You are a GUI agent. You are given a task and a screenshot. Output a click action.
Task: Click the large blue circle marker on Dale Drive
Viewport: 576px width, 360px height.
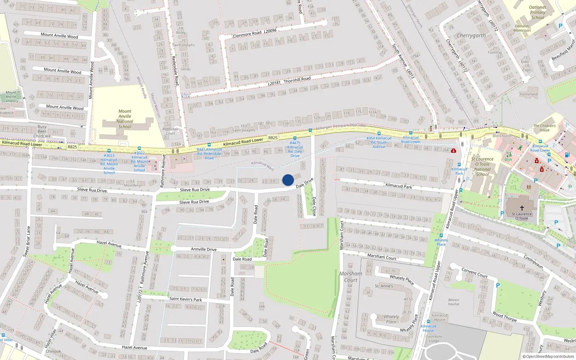point(288,180)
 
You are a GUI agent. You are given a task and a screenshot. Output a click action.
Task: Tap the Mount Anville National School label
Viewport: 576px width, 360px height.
point(125,119)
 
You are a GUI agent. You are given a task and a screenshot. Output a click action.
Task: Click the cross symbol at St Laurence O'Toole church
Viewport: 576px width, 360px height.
point(522,208)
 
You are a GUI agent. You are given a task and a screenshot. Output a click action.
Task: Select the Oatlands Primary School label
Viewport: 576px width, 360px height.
point(537,12)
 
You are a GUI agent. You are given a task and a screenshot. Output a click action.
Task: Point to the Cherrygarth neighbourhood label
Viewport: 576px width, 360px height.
point(471,35)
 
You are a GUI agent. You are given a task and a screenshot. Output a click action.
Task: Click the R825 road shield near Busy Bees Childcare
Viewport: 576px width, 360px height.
point(72,147)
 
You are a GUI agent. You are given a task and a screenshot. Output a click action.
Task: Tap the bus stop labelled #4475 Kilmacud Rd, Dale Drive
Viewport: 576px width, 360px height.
point(295,149)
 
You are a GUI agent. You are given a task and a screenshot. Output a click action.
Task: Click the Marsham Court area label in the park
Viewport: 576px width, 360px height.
point(351,276)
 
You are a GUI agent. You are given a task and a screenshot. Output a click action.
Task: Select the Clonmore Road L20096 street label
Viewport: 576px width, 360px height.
point(255,33)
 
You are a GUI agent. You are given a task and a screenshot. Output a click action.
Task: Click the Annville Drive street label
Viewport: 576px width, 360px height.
point(204,249)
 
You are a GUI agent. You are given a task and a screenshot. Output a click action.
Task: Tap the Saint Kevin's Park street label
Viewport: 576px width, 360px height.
point(185,299)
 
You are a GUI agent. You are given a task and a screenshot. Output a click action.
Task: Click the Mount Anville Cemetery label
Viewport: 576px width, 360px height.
point(11,97)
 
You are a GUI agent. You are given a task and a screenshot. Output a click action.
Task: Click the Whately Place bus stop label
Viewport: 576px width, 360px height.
point(441,242)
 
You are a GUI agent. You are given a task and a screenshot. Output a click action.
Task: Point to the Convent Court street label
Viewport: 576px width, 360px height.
point(474,273)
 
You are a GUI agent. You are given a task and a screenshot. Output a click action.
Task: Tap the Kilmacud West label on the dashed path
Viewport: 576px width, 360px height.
point(262,166)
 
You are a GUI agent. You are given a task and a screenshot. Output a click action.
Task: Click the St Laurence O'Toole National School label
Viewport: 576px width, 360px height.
point(482,167)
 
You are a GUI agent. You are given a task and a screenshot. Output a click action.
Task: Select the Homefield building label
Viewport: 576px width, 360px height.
point(528,94)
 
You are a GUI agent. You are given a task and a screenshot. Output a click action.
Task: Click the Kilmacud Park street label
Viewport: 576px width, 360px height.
point(399,186)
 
